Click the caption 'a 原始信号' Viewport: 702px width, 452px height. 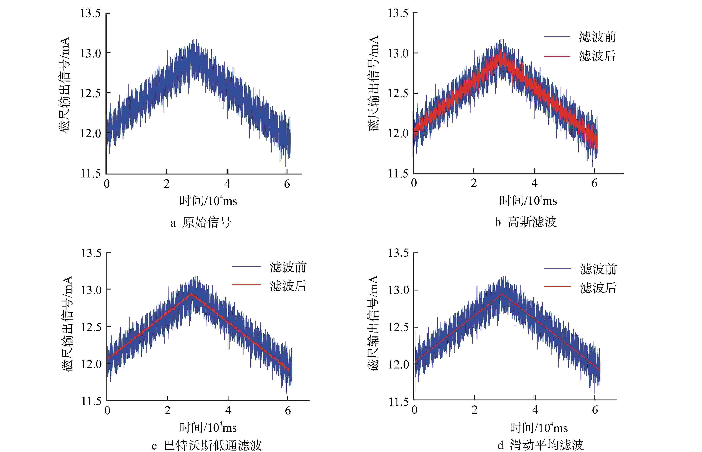tap(201, 223)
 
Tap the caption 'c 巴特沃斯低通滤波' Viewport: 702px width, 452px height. tap(206, 445)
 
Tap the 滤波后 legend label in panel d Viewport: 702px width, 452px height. tap(598, 288)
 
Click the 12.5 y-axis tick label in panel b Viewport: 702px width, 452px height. tap(398, 93)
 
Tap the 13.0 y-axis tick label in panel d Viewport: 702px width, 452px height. tap(398, 290)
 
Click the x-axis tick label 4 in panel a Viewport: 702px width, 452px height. tap(227, 184)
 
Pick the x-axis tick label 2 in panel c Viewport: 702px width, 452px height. tap(167, 410)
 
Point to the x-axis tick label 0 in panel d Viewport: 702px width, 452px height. tap(414, 410)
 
